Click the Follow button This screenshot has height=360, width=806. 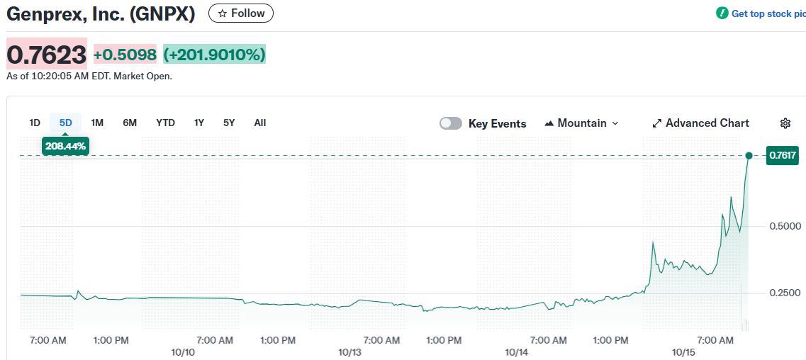pos(240,13)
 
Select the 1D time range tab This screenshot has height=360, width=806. pos(35,123)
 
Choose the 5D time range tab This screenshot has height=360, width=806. pos(66,123)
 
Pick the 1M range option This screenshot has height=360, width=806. pos(97,123)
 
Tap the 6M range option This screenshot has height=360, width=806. pos(130,123)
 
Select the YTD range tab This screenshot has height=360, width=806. pos(165,123)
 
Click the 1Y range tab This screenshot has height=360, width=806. pos(199,123)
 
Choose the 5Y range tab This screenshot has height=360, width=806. pos(229,123)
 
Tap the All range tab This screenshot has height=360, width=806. pos(260,123)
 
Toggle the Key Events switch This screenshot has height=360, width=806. pos(451,123)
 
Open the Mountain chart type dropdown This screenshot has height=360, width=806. pos(581,123)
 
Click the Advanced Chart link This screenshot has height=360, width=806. pos(700,123)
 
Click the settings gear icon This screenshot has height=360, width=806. pos(785,123)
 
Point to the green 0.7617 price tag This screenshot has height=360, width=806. pos(783,155)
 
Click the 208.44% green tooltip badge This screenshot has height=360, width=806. pos(65,146)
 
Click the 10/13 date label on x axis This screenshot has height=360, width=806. pos(349,352)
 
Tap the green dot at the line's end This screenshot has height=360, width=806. pos(749,155)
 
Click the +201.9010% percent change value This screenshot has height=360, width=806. pos(215,55)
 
